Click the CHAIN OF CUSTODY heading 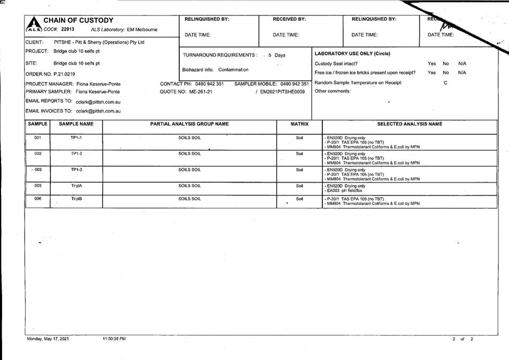pos(78,20)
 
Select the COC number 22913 pos(67,29)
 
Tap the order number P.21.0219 pos(64,74)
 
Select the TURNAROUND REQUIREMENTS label pos(219,55)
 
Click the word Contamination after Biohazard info pos(233,70)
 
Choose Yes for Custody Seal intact pos(431,64)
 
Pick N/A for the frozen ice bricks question pos(462,72)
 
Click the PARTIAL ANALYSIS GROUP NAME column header pos(189,124)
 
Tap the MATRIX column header pos(300,124)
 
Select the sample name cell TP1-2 pos(76,154)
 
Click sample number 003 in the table pos(37,170)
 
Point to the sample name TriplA pos(76,186)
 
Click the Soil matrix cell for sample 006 pos(299,199)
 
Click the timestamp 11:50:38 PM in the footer pos(113,339)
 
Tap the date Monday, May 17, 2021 pos(48,339)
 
